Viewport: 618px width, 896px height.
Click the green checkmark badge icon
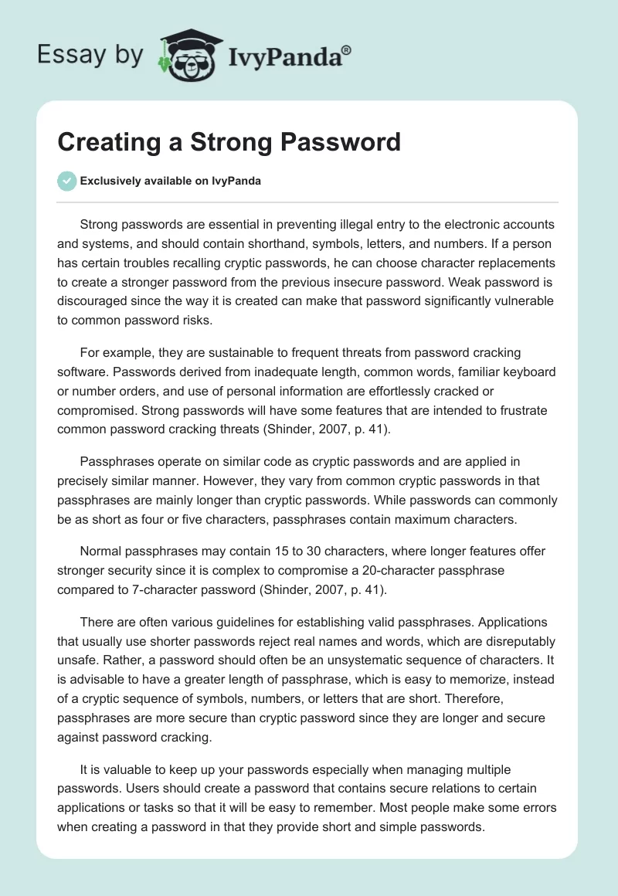tap(66, 181)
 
